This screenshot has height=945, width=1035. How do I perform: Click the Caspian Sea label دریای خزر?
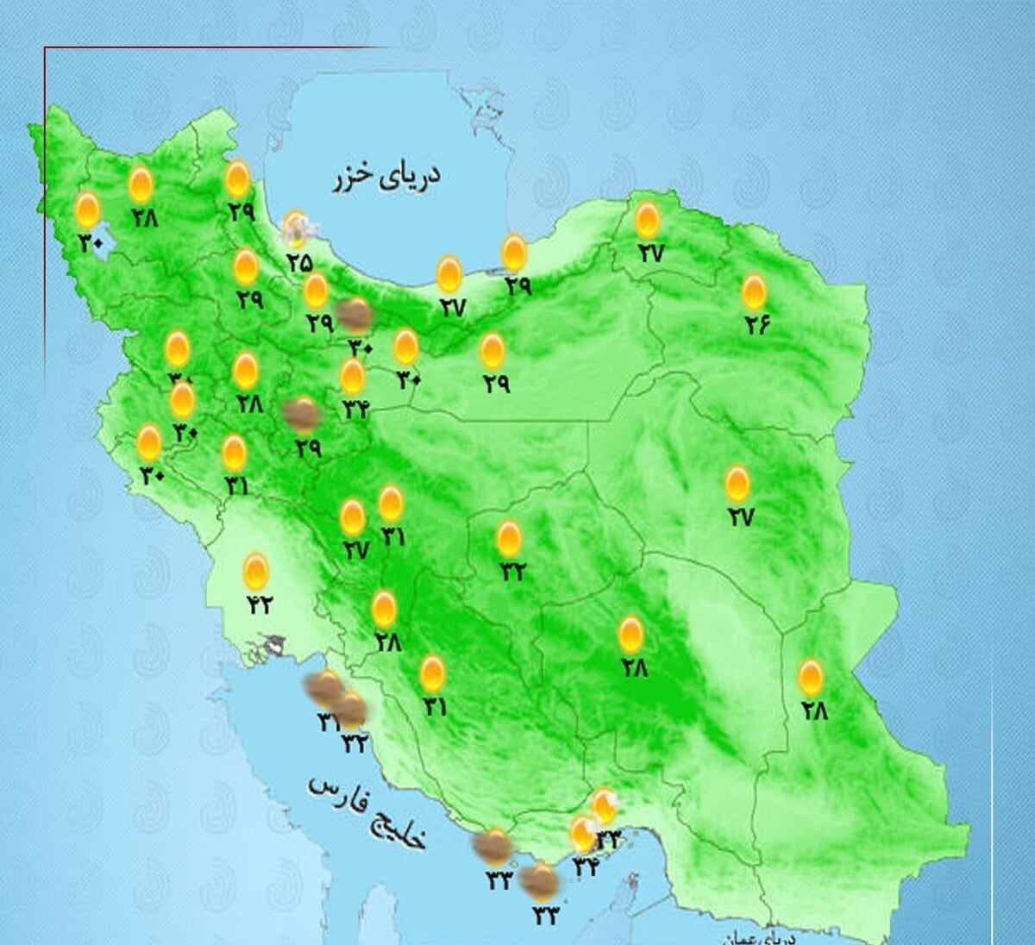(386, 176)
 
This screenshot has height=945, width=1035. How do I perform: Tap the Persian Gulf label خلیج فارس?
(368, 811)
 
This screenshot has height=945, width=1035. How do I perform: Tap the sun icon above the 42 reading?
(255, 572)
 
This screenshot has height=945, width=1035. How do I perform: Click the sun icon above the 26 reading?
(754, 292)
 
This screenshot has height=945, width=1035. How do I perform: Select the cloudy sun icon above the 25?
(297, 228)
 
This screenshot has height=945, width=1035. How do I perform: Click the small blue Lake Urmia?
(97, 233)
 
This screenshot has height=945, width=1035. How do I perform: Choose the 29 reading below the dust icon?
(308, 448)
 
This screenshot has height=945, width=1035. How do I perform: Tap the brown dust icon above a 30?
(354, 316)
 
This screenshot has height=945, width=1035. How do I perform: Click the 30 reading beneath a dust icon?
(360, 347)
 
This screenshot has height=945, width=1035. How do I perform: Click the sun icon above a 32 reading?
(510, 539)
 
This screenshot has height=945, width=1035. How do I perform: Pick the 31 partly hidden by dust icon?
(328, 722)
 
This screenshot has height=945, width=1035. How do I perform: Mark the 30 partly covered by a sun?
(179, 379)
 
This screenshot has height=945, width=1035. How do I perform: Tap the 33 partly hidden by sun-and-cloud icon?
(609, 837)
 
